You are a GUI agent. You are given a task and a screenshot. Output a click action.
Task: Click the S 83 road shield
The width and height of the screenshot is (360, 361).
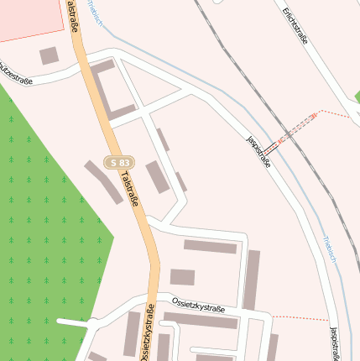tap(120, 161)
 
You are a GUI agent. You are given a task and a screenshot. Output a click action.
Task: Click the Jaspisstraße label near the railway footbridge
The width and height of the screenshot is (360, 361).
tap(258, 152)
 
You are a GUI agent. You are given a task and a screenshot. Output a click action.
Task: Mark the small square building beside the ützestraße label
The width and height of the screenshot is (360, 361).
tap(50, 55)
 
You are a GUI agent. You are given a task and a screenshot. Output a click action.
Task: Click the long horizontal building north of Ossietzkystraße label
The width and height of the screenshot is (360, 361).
tap(210, 247)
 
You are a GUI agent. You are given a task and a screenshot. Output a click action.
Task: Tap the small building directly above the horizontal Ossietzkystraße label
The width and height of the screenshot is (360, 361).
tap(182, 277)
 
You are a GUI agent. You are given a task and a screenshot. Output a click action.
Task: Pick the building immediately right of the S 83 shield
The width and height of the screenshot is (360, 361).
tap(157, 176)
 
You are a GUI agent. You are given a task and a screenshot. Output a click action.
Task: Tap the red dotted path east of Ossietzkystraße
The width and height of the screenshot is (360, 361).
tap(300, 318)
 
